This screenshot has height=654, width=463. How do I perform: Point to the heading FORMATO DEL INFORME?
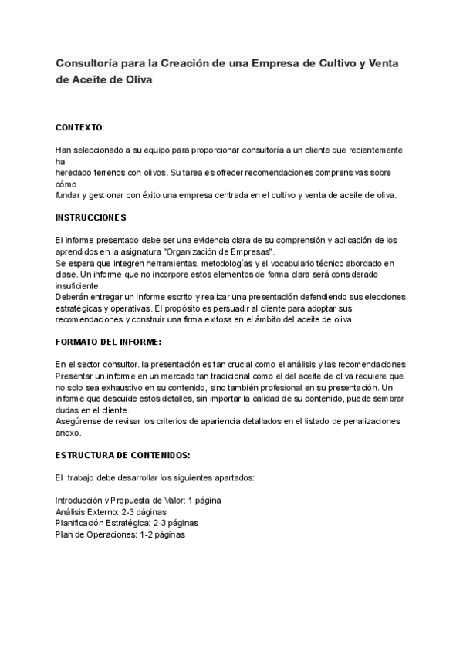[x=108, y=341]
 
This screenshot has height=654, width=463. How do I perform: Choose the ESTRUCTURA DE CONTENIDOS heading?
[x=117, y=456]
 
